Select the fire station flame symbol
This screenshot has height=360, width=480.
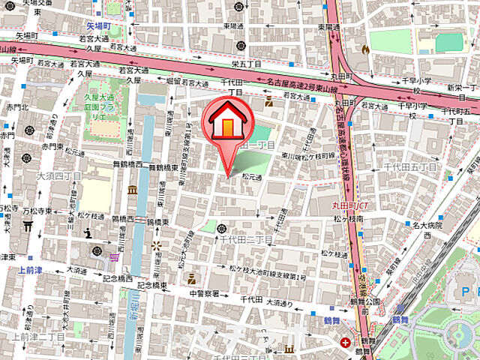click(365, 49)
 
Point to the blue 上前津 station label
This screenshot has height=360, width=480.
click(29, 269)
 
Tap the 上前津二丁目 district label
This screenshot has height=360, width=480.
click(39, 336)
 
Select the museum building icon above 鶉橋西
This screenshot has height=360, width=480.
click(133, 190)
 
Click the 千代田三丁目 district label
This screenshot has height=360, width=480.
click(245, 238)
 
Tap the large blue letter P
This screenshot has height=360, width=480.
click(466, 289)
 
